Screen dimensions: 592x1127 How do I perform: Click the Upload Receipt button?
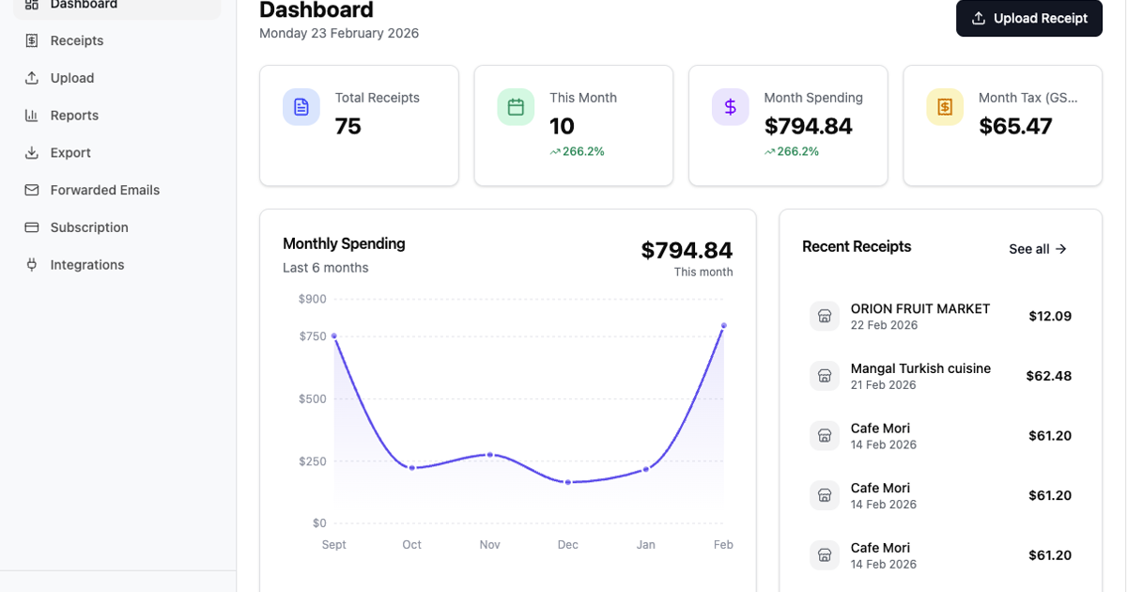[x=1029, y=19]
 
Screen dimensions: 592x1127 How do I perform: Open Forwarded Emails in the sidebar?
[x=104, y=190]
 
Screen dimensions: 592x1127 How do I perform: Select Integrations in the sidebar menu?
[x=87, y=265]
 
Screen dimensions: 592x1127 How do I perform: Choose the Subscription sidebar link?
[x=89, y=227]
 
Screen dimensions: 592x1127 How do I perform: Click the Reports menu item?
[x=74, y=116]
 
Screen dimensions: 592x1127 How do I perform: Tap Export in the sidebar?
[x=70, y=152]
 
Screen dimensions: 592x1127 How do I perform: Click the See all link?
[x=1038, y=249]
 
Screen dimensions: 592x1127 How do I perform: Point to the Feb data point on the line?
[x=723, y=325]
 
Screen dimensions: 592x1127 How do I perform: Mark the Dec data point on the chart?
[x=567, y=482]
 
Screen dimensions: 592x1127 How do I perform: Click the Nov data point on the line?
[x=489, y=455]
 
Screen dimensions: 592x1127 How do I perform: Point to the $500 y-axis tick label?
[x=312, y=398]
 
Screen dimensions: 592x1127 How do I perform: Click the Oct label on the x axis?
[x=411, y=545]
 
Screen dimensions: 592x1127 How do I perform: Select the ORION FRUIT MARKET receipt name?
[x=920, y=308]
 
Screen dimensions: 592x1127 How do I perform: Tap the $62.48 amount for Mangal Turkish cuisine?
[x=1048, y=376]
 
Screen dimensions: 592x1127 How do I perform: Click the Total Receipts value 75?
[x=348, y=126]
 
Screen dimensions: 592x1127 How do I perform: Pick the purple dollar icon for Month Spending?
[x=730, y=107]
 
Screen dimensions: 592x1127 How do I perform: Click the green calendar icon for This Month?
[x=516, y=107]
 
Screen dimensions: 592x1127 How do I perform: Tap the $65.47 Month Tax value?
[x=1015, y=126]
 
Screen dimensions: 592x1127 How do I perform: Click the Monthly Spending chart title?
[x=344, y=243]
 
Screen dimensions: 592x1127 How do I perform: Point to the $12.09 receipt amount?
[x=1050, y=316]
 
